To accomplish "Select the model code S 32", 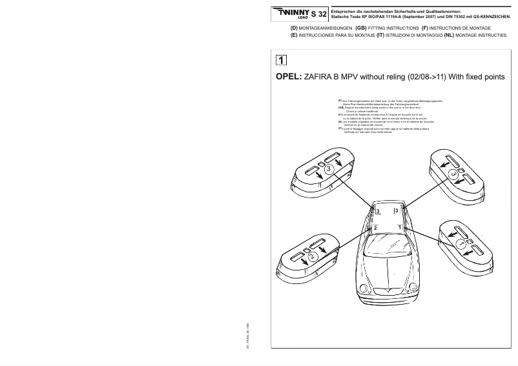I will click(x=318, y=14).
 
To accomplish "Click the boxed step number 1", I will click(x=282, y=61).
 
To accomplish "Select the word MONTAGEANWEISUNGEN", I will click(x=326, y=29).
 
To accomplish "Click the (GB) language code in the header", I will click(x=361, y=29).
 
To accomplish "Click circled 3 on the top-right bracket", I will click(x=454, y=174).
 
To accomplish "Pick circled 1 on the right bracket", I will click(x=461, y=245).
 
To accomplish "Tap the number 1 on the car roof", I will click(x=400, y=228).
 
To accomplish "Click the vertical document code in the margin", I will click(x=247, y=336).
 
